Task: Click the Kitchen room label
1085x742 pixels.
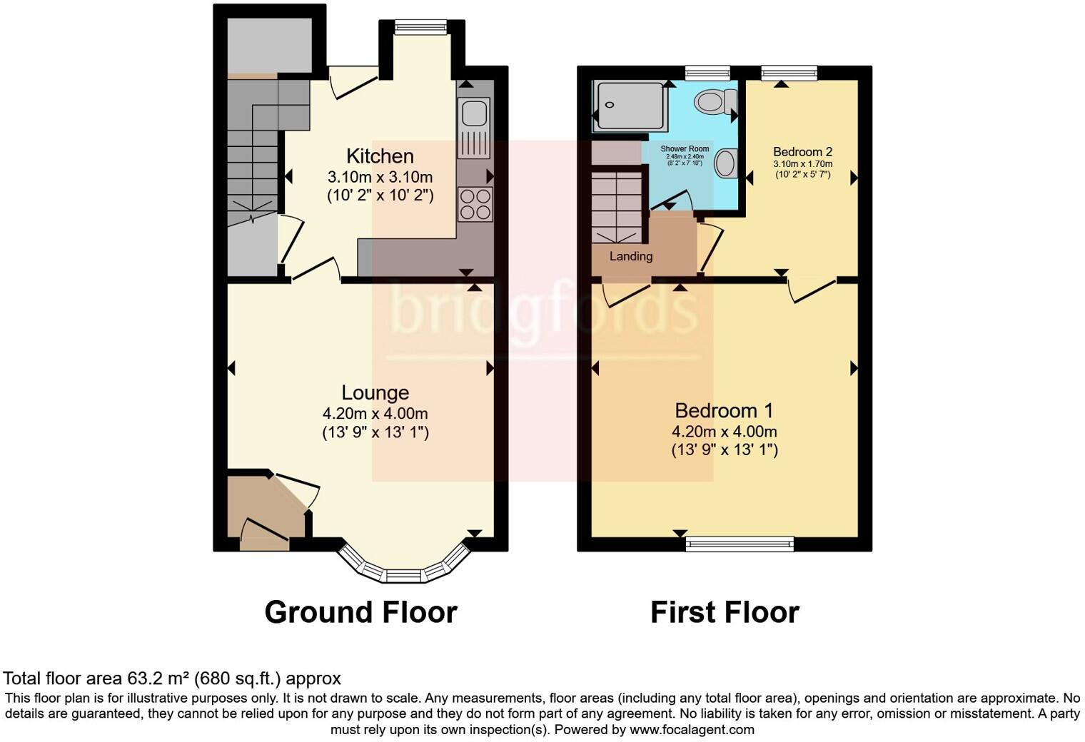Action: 380,156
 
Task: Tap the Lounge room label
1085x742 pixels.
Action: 375,393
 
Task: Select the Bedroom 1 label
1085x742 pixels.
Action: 724,411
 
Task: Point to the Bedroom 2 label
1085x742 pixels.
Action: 802,152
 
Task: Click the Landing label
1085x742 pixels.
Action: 630,256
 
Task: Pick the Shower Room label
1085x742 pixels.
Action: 685,149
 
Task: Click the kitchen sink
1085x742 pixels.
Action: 474,115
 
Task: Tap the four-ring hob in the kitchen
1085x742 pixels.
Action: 474,204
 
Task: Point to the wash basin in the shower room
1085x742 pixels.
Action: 726,163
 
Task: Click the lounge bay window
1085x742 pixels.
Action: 404,571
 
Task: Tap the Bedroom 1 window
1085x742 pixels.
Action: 739,544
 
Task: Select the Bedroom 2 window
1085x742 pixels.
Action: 788,72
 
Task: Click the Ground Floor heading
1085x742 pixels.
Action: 360,613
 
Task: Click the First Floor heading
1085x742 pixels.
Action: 724,613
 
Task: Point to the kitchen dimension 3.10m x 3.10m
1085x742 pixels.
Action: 380,177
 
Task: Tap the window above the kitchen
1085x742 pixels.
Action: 421,27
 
